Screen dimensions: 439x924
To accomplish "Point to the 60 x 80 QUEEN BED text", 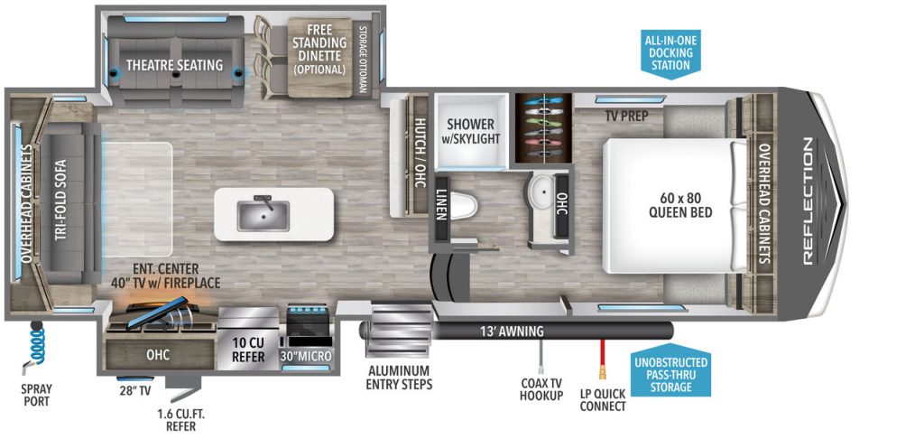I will coord(680,206).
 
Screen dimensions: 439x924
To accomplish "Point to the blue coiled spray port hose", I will coord(36,344).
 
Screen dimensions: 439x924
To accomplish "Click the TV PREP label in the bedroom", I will coord(627,115).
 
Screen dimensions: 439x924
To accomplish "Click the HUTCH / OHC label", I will coord(420,153).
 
